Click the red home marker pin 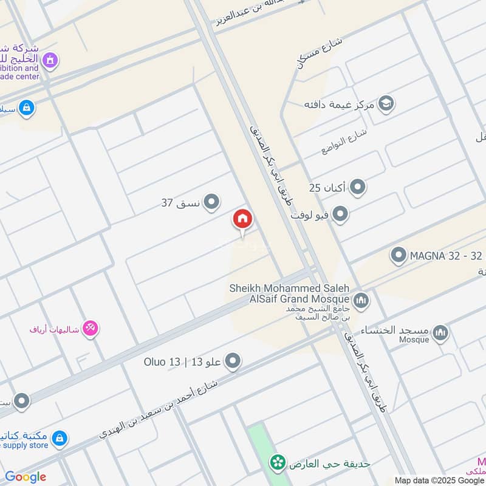coord(242,219)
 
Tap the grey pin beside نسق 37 coord(211,202)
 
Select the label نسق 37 coord(181,203)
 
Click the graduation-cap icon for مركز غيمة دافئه coord(386,104)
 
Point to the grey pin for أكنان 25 coord(358,187)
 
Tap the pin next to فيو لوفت coord(341,214)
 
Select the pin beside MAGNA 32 coord(399,255)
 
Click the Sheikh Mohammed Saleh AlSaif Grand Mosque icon coord(361,300)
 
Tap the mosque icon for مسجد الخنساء coord(441,332)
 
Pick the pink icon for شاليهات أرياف coord(91,329)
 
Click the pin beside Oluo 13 coord(233,363)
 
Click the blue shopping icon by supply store coord(59,437)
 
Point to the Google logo coord(26,477)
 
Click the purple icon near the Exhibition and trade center coord(50,60)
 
